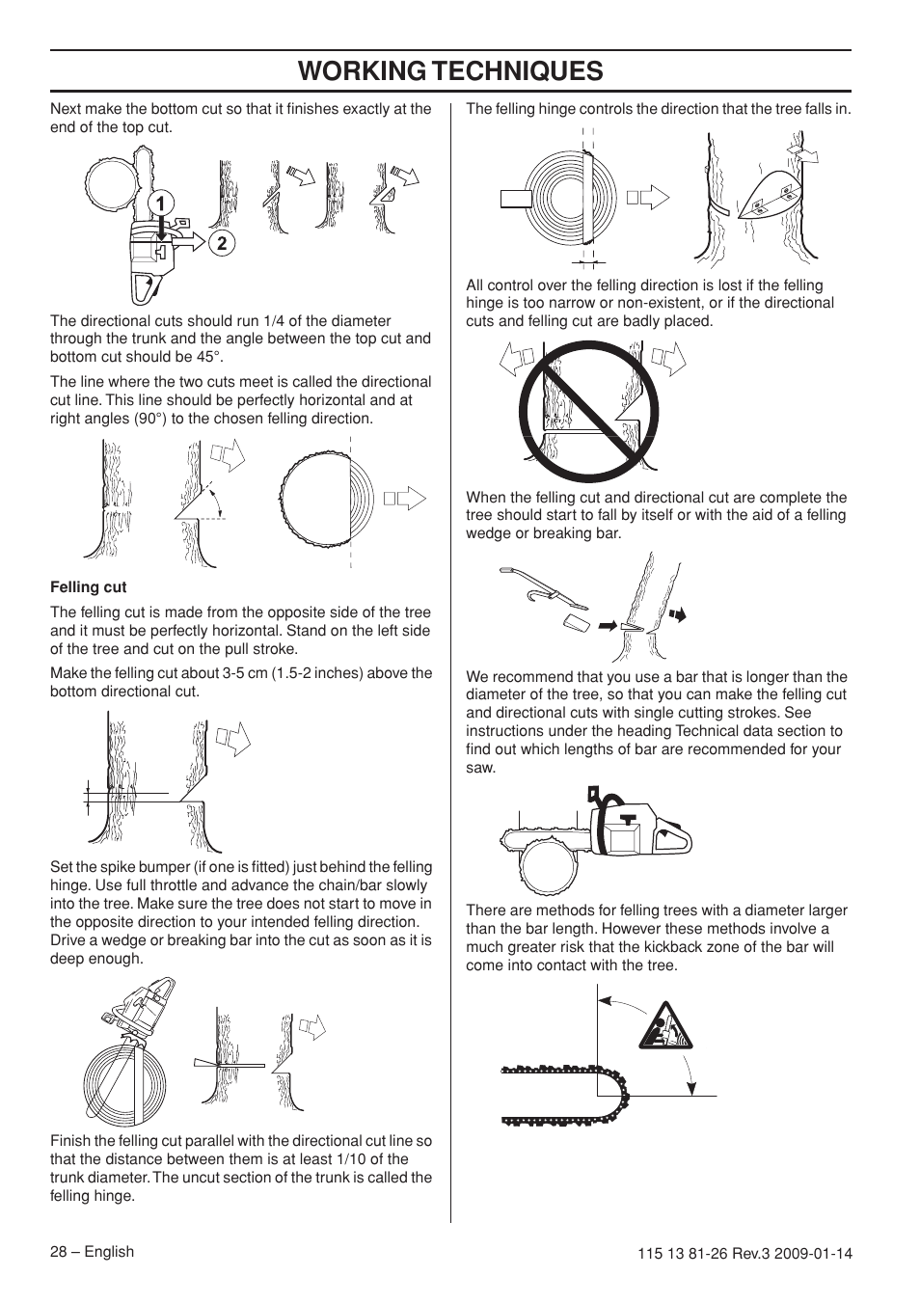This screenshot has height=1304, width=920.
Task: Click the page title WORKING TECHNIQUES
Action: [x=450, y=70]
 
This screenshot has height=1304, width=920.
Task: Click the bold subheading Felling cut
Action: [x=88, y=586]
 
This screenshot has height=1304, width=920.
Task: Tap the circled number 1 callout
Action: [x=160, y=203]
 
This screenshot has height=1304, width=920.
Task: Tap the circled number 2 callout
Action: [x=221, y=243]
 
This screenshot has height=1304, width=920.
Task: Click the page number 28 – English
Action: [x=92, y=1251]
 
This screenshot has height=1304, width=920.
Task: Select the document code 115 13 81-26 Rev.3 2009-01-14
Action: [x=744, y=1253]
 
